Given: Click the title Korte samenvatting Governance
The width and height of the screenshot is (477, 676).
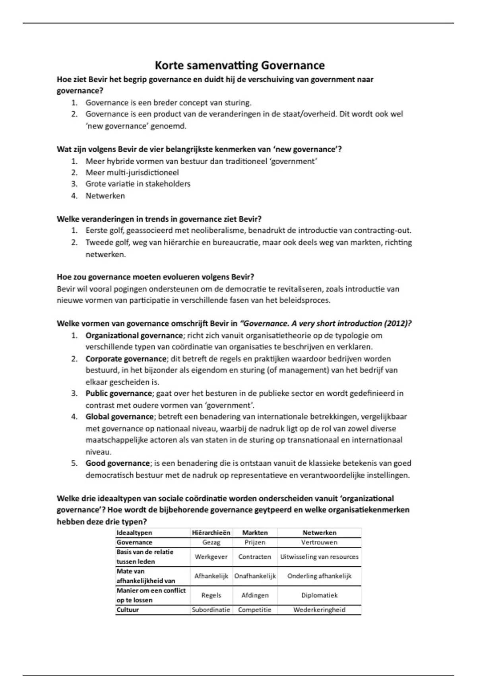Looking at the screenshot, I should pyautogui.click(x=239, y=65).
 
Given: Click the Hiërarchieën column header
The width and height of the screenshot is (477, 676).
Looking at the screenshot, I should pyautogui.click(x=211, y=532).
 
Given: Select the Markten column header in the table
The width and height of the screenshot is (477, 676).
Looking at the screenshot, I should pyautogui.click(x=255, y=532).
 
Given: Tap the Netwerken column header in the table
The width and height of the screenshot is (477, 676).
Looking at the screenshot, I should pyautogui.click(x=319, y=532).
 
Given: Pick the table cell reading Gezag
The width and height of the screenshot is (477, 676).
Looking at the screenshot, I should pyautogui.click(x=211, y=542).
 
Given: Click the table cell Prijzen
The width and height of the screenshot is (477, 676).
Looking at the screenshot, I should pyautogui.click(x=255, y=542).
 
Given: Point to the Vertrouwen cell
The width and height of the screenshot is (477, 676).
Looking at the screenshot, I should pyautogui.click(x=319, y=542).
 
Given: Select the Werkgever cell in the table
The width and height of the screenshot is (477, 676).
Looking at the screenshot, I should pyautogui.click(x=211, y=557).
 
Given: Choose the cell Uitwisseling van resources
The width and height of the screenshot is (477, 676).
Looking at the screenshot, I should pyautogui.click(x=319, y=557).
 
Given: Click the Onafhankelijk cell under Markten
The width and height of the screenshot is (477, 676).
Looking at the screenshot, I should pyautogui.click(x=255, y=576).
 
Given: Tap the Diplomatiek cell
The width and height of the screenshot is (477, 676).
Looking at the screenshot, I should pyautogui.click(x=319, y=595).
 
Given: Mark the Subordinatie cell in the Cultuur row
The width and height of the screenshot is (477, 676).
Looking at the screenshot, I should pyautogui.click(x=211, y=610).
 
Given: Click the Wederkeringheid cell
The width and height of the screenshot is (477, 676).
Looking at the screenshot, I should pyautogui.click(x=319, y=610).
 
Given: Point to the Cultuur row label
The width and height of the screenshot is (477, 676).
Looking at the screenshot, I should pyautogui.click(x=128, y=610).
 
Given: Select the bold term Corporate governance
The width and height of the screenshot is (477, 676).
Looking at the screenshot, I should pyautogui.click(x=126, y=359).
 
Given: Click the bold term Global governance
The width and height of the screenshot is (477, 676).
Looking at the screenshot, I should pyautogui.click(x=119, y=417).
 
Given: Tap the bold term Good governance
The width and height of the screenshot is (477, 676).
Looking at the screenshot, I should pyautogui.click(x=118, y=463).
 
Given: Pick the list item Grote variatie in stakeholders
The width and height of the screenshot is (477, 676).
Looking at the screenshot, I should pyautogui.click(x=138, y=184).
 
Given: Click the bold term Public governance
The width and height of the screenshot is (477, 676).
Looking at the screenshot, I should pyautogui.click(x=119, y=393).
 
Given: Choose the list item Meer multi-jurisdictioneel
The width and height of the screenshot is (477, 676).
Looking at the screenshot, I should pyautogui.click(x=132, y=173).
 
